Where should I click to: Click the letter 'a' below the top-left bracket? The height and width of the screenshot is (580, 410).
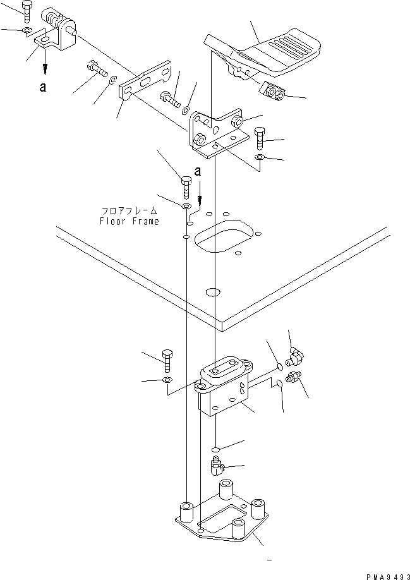click(x=42, y=88)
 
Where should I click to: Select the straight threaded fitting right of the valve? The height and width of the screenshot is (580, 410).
click(x=293, y=380)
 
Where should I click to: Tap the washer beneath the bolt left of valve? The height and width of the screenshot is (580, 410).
click(x=167, y=380)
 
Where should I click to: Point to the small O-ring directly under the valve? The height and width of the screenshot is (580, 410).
click(x=215, y=449)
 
